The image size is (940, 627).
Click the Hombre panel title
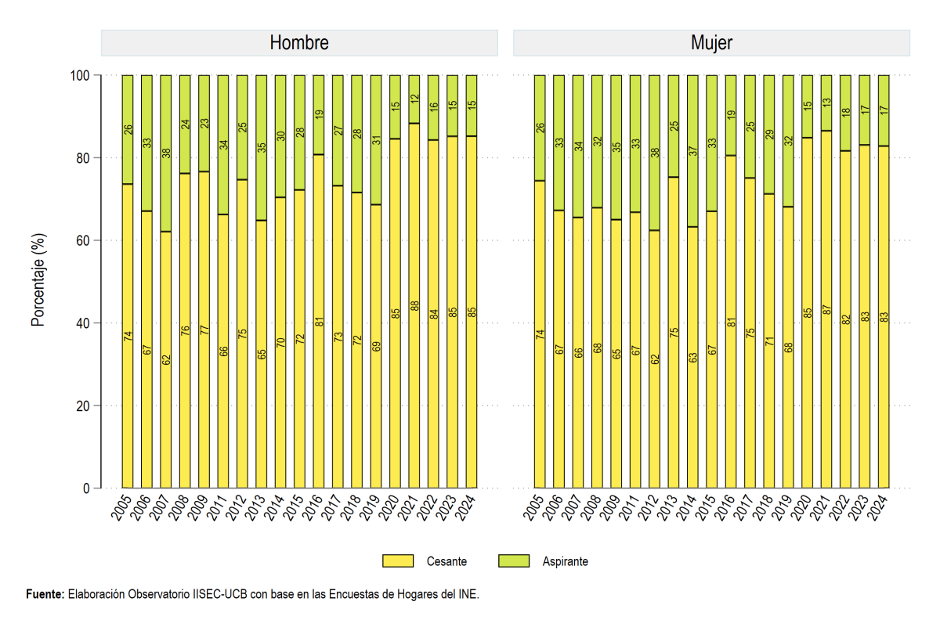(299, 43)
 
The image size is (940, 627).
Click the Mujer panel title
(712, 43)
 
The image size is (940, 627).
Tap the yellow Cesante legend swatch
(398, 560)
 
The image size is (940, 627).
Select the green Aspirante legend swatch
(514, 560)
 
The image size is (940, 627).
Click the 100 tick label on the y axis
(80, 75)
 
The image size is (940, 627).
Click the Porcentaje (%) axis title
(38, 279)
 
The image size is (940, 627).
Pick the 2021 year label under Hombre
(407, 508)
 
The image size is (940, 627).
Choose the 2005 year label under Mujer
(533, 508)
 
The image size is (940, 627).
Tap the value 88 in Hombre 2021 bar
(414, 306)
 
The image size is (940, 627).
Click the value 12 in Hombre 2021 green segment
(414, 99)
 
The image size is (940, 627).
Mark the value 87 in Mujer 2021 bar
(826, 310)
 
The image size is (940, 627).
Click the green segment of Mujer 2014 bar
(692, 151)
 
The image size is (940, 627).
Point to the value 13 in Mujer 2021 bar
(826, 102)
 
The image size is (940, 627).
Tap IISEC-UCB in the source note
(220, 594)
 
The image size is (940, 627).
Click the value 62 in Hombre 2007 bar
(166, 360)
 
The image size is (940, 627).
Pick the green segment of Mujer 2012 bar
(654, 153)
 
